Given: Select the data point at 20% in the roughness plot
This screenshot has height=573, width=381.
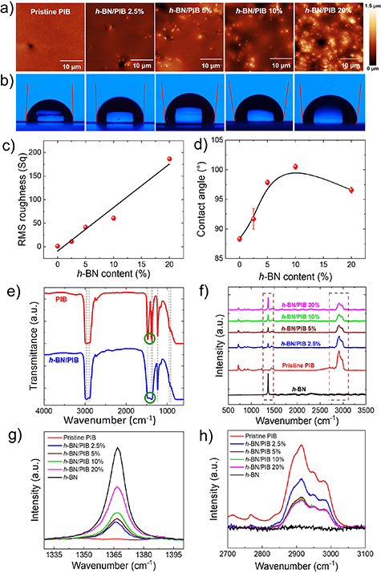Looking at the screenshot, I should [x=169, y=159].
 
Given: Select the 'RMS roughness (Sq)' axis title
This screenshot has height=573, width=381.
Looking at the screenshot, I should [x=14, y=200].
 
